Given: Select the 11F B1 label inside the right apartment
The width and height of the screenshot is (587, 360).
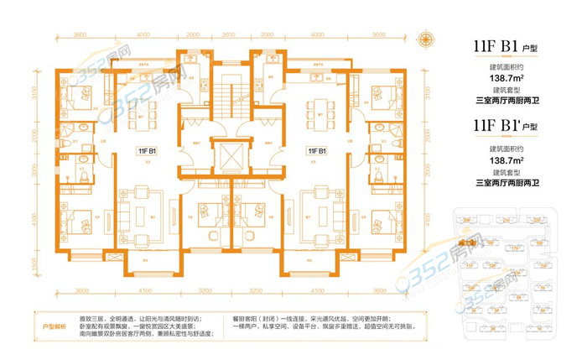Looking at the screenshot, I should tap(317, 151).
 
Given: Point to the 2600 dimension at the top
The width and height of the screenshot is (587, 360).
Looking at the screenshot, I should tap(194, 34).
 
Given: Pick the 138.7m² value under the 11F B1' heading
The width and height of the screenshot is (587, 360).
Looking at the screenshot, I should tap(506, 159).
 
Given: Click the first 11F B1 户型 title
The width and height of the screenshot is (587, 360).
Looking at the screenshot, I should tap(506, 47).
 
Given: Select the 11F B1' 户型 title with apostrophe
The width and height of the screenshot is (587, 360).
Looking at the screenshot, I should tap(506, 127).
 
